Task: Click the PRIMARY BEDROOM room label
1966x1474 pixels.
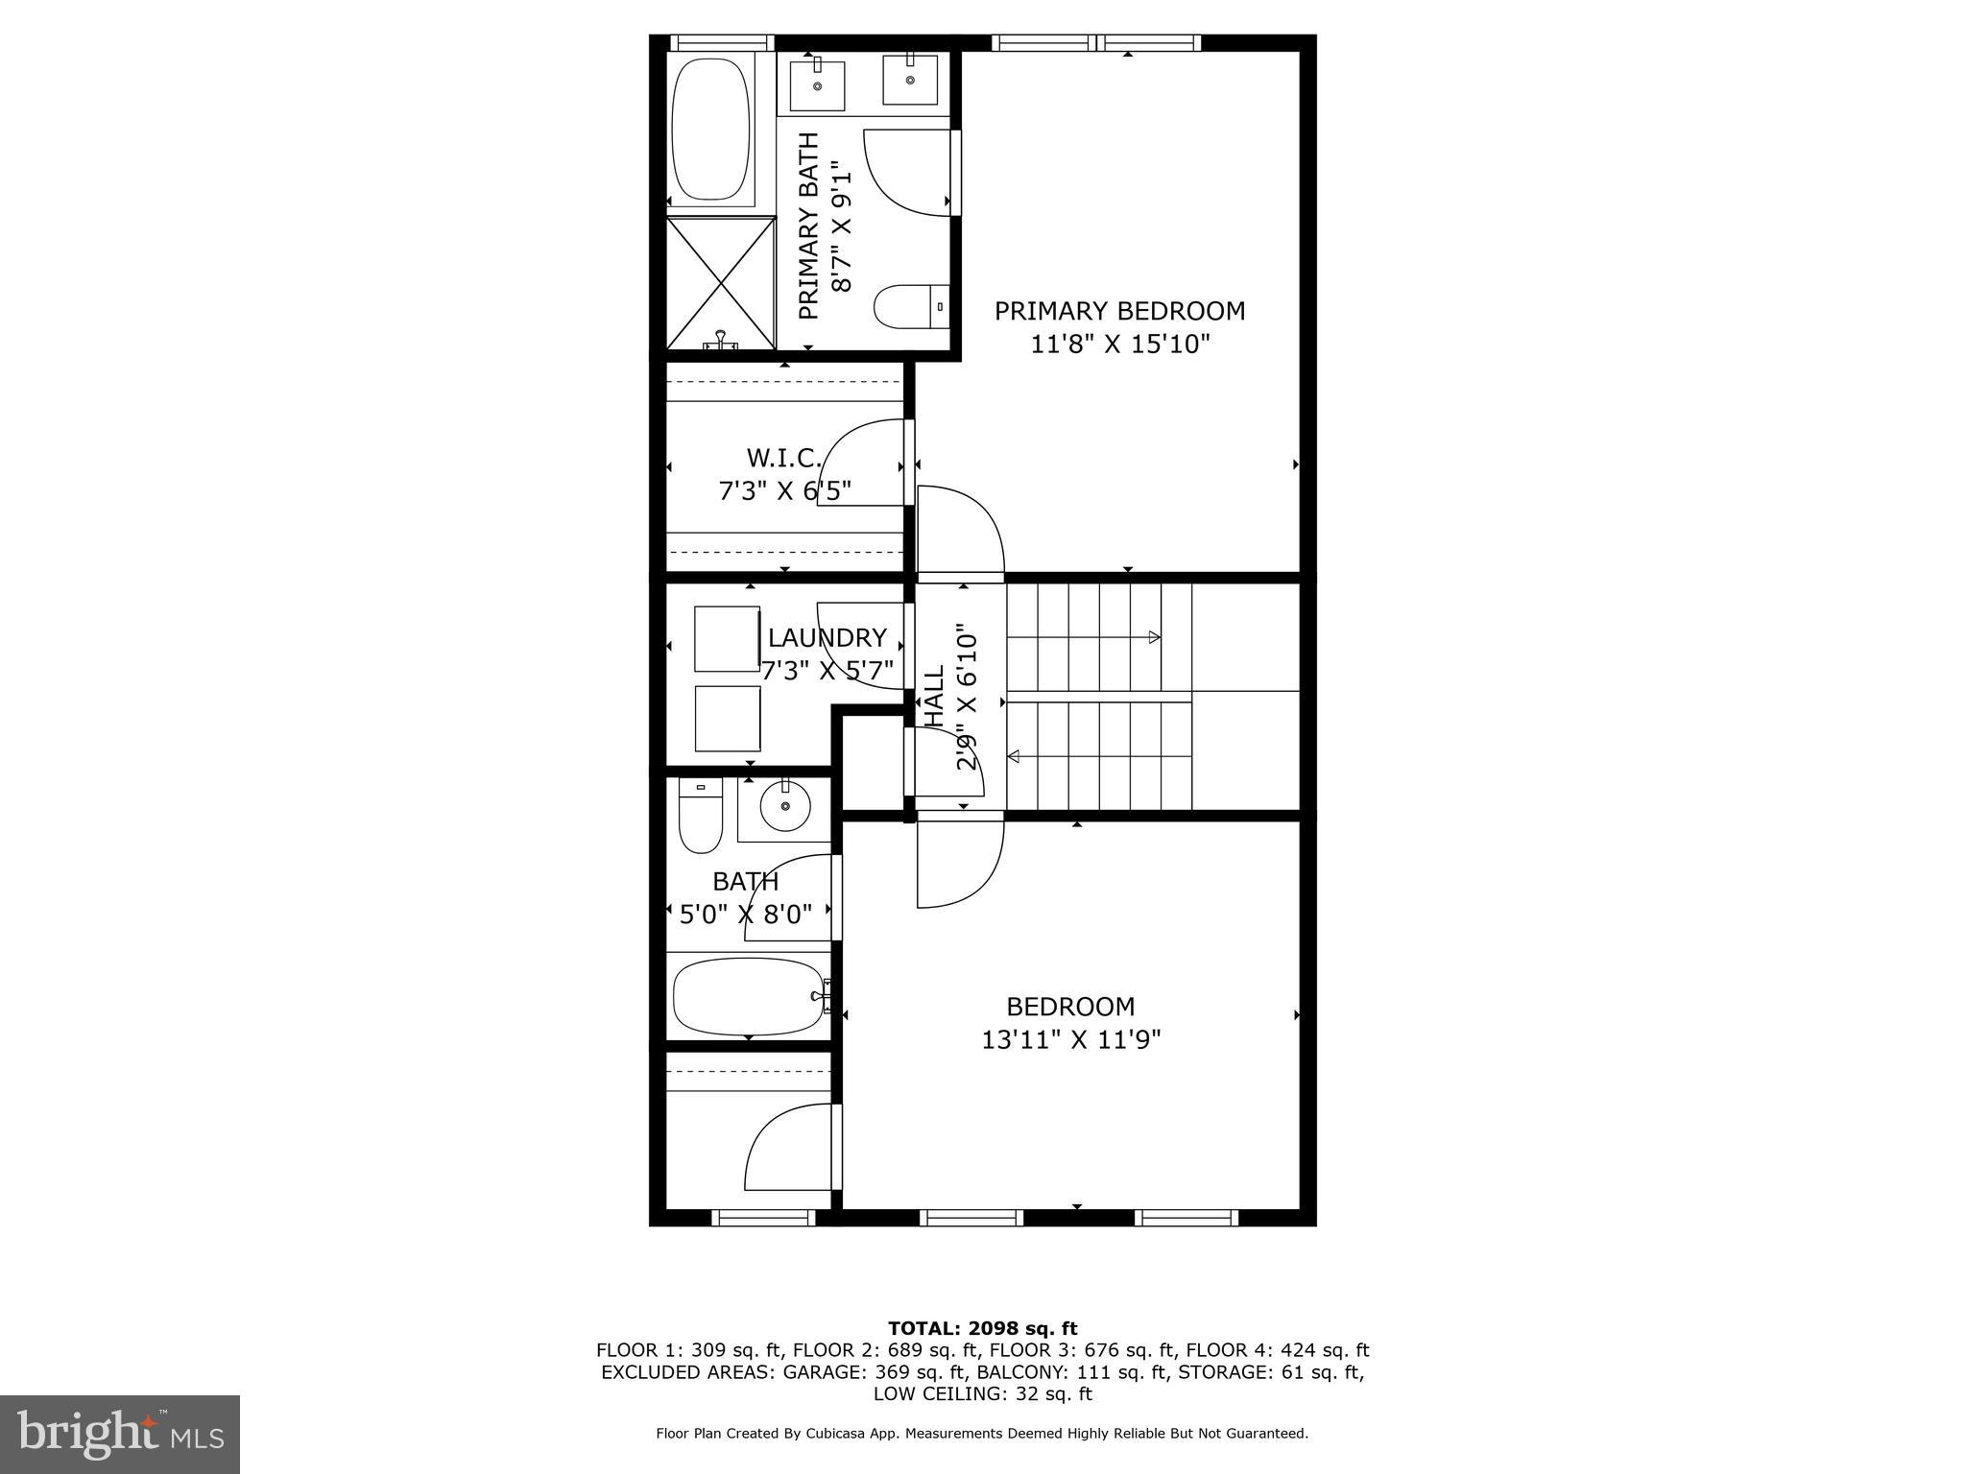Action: click(x=1119, y=311)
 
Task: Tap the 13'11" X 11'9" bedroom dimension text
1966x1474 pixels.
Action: click(x=1071, y=1039)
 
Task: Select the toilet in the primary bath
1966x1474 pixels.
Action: click(x=910, y=306)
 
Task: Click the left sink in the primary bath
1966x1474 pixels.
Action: click(x=817, y=84)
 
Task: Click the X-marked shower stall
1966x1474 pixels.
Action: click(x=721, y=283)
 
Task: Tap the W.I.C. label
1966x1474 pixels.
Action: click(x=783, y=457)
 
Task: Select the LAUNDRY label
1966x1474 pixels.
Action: click(x=827, y=638)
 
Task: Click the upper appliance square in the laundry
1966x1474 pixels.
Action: click(x=727, y=638)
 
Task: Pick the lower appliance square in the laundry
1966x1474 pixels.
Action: click(x=727, y=719)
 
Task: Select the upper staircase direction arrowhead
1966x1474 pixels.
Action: click(x=1155, y=637)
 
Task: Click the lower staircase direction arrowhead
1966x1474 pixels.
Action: click(x=1014, y=757)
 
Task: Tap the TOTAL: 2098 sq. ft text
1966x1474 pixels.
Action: click(x=982, y=1328)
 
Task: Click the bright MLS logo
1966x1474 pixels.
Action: click(x=120, y=1434)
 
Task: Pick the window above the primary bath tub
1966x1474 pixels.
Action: click(x=721, y=42)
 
